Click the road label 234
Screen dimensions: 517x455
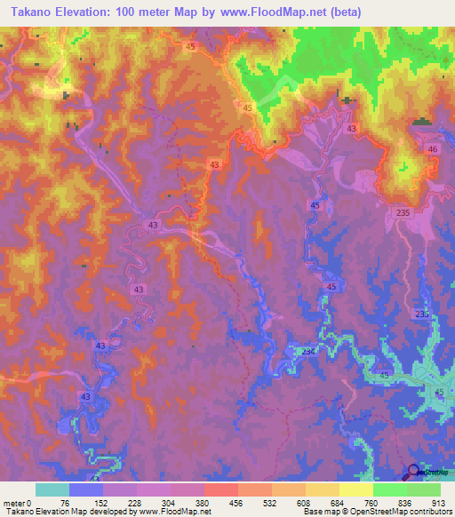click(x=307, y=353)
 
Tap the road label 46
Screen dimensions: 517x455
click(x=433, y=150)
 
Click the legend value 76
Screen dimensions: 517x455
click(x=65, y=503)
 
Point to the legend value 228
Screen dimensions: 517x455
click(x=133, y=503)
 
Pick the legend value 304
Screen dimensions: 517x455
click(x=167, y=503)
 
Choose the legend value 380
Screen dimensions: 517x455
click(x=201, y=503)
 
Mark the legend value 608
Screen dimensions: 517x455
click(x=302, y=503)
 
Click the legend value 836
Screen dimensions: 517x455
click(x=404, y=503)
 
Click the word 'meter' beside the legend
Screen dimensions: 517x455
click(x=14, y=503)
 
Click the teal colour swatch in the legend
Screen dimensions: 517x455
click(x=52, y=489)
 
